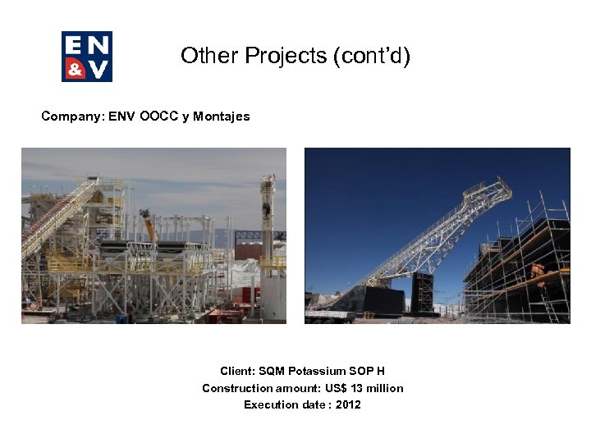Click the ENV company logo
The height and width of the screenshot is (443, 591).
click(87, 57)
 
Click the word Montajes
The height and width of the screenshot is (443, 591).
click(225, 116)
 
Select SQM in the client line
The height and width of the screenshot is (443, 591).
click(272, 372)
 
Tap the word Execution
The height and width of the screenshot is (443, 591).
click(269, 404)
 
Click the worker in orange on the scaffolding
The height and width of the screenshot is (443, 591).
click(538, 273)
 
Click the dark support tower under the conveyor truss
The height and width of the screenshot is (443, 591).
click(423, 292)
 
